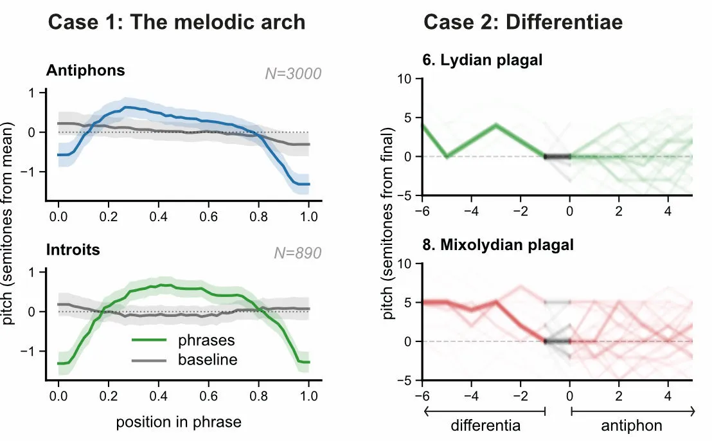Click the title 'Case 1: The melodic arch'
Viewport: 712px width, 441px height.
tap(177, 22)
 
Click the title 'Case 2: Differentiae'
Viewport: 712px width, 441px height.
tap(523, 22)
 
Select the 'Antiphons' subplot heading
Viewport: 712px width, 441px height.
tap(85, 71)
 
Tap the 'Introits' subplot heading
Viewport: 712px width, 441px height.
tap(73, 249)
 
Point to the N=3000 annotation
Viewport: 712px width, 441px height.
tap(293, 74)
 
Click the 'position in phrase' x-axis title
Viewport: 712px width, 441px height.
tap(179, 422)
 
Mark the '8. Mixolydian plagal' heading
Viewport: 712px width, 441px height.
tap(498, 245)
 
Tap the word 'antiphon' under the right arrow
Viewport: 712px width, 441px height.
tap(632, 425)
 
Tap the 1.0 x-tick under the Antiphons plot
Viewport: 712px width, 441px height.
tap(308, 215)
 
